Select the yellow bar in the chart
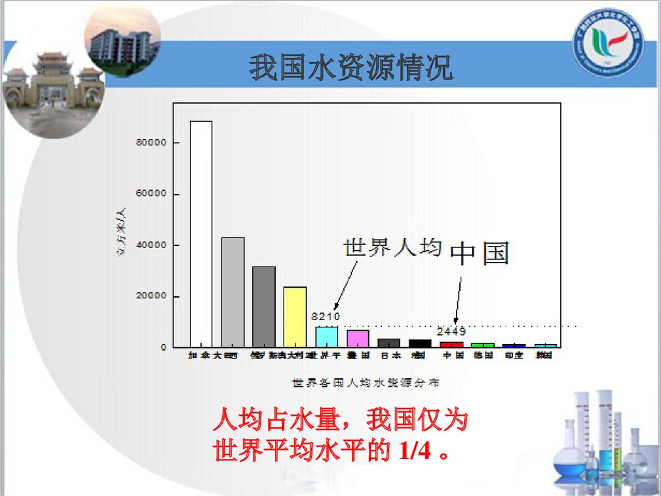pos(295,317)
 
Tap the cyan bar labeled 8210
pos(327,337)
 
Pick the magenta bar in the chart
pos(358,339)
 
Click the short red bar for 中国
pos(452,345)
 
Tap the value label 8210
pos(325,317)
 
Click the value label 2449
pos(452,331)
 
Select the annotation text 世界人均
pos(391,247)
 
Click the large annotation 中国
pos(480,253)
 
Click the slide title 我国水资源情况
pos(351,68)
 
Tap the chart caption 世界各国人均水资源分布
pos(367,382)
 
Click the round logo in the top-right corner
pos(607,43)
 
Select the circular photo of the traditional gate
pos(53,86)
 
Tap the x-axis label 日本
pos(389,355)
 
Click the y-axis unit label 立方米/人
pos(122,232)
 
